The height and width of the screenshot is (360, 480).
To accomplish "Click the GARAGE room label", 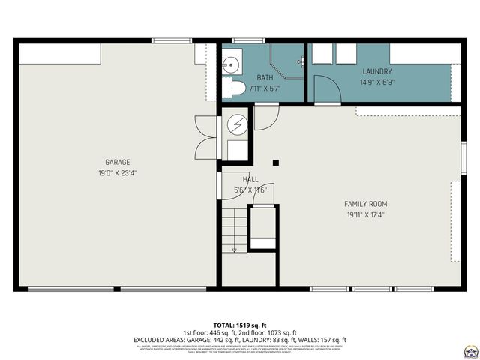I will (117, 162).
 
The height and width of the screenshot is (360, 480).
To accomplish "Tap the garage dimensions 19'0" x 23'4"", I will (117, 172).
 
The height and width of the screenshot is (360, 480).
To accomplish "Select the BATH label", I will (265, 77).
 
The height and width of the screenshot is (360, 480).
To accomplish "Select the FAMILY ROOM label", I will (365, 203).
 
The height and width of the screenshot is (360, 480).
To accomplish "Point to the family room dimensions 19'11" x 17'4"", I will (365, 214).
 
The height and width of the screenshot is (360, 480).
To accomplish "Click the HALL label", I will (250, 180).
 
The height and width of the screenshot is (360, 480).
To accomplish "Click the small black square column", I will (276, 162).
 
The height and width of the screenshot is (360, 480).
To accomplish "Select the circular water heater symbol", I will (236, 124).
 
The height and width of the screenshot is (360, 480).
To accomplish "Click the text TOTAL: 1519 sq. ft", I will (240, 325).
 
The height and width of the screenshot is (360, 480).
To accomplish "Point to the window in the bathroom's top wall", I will (244, 40).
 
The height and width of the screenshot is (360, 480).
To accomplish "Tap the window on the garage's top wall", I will (171, 40).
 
